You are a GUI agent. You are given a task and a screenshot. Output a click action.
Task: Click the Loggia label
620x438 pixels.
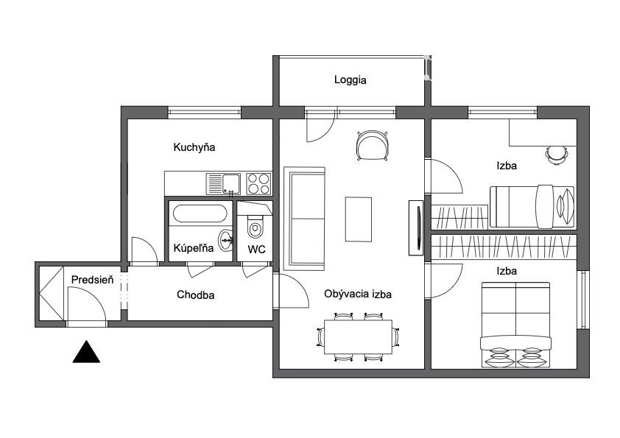tap(350, 80)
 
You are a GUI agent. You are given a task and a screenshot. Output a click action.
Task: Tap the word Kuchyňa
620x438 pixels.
tap(194, 147)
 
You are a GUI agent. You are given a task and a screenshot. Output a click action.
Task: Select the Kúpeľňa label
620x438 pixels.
tap(194, 248)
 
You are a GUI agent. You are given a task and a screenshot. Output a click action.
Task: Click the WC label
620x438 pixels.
tap(256, 250)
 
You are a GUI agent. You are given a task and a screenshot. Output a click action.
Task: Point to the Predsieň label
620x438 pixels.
tap(92, 280)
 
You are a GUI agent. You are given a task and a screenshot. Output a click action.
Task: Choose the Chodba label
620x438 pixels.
tap(195, 295)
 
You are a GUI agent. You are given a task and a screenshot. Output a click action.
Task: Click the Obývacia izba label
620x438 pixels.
tap(358, 294)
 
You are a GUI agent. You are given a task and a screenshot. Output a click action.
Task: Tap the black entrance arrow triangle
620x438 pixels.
tap(86, 351)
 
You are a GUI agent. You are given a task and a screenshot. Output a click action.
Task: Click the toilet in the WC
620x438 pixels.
tap(255, 226)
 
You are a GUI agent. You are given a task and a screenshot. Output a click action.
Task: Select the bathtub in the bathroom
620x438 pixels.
tap(200, 213)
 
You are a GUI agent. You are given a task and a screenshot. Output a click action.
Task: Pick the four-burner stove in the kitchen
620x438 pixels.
tap(258, 184)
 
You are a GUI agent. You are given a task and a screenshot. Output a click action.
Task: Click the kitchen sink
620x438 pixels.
tap(223, 184)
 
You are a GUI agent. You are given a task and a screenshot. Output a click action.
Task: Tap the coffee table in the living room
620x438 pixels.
tap(359, 219)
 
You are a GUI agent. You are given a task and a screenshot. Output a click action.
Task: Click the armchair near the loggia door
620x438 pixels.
tap(372, 145)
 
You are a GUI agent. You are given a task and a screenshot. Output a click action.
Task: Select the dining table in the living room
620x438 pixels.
tap(359, 337)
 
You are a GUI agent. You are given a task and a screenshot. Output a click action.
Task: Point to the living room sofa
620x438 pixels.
tap(304, 219)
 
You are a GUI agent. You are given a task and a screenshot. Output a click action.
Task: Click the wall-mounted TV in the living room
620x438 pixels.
tap(416, 227)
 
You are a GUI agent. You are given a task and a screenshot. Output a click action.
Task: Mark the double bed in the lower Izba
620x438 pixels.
tap(515, 325)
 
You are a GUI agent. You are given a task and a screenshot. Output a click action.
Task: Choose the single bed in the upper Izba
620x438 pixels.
tap(532, 207)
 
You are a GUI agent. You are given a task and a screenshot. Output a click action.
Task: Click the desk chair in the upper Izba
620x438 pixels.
tap(557, 155)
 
